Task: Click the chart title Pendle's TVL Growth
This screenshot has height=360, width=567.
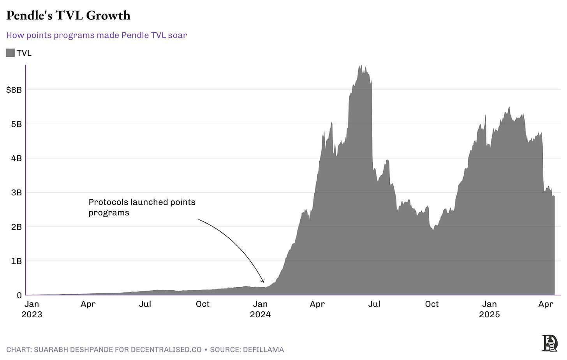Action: coord(68,16)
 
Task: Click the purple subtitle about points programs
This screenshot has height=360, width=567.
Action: coord(97,35)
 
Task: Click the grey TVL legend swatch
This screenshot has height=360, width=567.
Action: coord(11,53)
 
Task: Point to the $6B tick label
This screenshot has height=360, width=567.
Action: coord(14,90)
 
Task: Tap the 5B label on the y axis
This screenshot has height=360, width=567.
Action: coord(16,124)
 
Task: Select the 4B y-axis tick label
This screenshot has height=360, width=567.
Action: coord(16,158)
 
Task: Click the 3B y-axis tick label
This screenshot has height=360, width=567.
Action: coord(16,193)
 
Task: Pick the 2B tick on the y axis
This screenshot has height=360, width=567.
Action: coord(16,227)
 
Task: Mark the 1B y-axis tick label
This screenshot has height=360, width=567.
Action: coord(16,261)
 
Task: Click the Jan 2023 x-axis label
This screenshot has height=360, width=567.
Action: coord(32,309)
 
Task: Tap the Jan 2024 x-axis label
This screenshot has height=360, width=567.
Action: coord(260,309)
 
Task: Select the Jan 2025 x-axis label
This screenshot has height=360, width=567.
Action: coord(489,309)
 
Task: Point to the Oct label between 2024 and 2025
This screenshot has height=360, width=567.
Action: coord(431,304)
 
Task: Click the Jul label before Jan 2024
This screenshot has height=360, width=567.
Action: coord(145,304)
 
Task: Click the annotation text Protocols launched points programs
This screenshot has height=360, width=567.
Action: coord(142,207)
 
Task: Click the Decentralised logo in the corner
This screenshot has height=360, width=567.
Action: coord(549,343)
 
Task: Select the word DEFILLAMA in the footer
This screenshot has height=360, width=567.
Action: coord(263,349)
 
